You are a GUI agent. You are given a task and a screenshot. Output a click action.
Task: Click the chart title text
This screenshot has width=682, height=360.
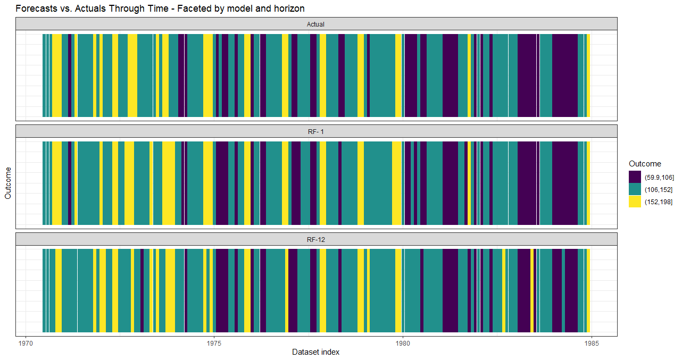(x=160, y=9)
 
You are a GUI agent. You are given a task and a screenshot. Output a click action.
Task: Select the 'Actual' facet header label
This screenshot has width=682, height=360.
(x=315, y=24)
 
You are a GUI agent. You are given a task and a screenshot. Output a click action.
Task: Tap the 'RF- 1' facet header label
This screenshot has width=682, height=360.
(x=315, y=132)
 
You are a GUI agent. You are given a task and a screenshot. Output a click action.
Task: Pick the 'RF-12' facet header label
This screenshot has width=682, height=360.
(x=315, y=240)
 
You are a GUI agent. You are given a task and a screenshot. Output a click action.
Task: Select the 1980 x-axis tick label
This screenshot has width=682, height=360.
(x=403, y=343)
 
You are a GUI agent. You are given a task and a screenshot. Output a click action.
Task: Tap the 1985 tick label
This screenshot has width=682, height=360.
(x=591, y=343)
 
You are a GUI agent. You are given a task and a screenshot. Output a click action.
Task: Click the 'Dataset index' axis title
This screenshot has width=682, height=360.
(x=315, y=352)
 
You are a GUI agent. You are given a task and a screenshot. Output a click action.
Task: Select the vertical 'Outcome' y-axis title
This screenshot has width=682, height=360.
(x=8, y=183)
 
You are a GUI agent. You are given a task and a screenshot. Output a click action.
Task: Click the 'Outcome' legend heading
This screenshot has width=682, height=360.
(x=645, y=164)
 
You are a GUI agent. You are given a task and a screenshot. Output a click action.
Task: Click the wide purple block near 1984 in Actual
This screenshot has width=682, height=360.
(x=564, y=74)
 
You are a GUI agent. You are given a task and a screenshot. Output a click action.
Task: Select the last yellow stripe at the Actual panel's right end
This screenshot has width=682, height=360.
(x=589, y=74)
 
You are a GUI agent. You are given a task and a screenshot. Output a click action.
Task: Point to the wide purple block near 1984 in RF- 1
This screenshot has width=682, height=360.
(x=564, y=182)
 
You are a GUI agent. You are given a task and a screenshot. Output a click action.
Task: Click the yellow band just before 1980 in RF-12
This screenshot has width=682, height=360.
(x=398, y=290)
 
